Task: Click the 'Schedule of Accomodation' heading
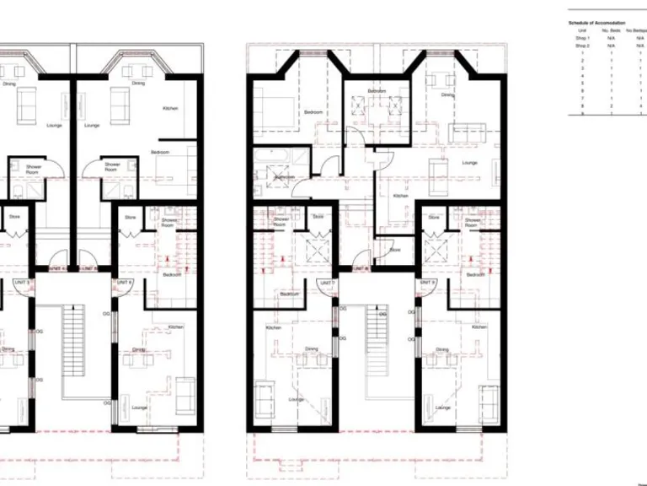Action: tap(596, 23)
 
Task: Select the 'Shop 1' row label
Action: tap(583, 38)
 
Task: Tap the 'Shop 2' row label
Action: tap(583, 46)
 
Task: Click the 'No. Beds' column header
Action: tap(611, 30)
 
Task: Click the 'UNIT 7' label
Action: tap(329, 283)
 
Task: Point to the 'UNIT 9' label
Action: tap(426, 283)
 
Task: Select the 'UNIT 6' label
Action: tap(124, 283)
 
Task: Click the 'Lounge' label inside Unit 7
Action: tap(297, 399)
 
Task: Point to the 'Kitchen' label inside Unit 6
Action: tap(175, 327)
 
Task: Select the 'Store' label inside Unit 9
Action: tap(433, 218)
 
